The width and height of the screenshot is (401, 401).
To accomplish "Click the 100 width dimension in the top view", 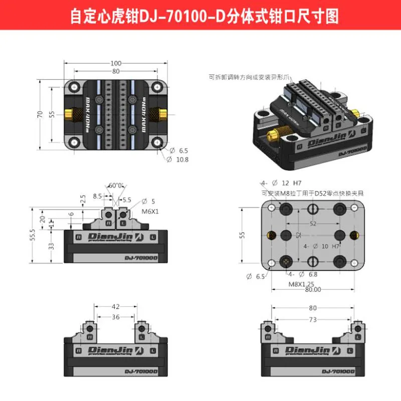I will tap(116, 63).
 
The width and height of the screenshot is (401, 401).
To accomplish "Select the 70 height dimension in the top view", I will tap(40, 114).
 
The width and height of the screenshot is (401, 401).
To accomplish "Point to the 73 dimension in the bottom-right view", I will tap(313, 319).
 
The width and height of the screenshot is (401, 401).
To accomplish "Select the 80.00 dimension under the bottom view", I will tap(312, 289).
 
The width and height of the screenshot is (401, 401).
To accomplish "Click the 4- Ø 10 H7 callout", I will tap(321, 246).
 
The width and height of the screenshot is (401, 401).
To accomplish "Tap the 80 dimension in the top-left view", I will tap(116, 71).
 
